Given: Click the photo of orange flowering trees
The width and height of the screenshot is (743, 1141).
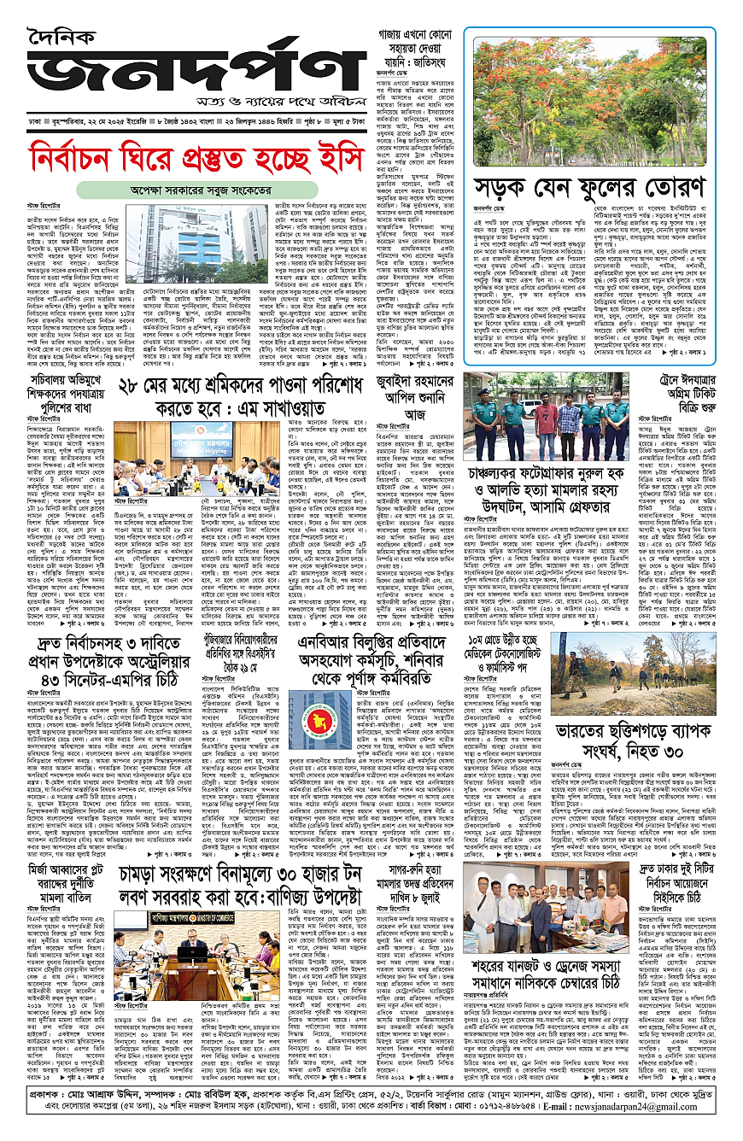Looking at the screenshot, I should coord(588,102).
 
